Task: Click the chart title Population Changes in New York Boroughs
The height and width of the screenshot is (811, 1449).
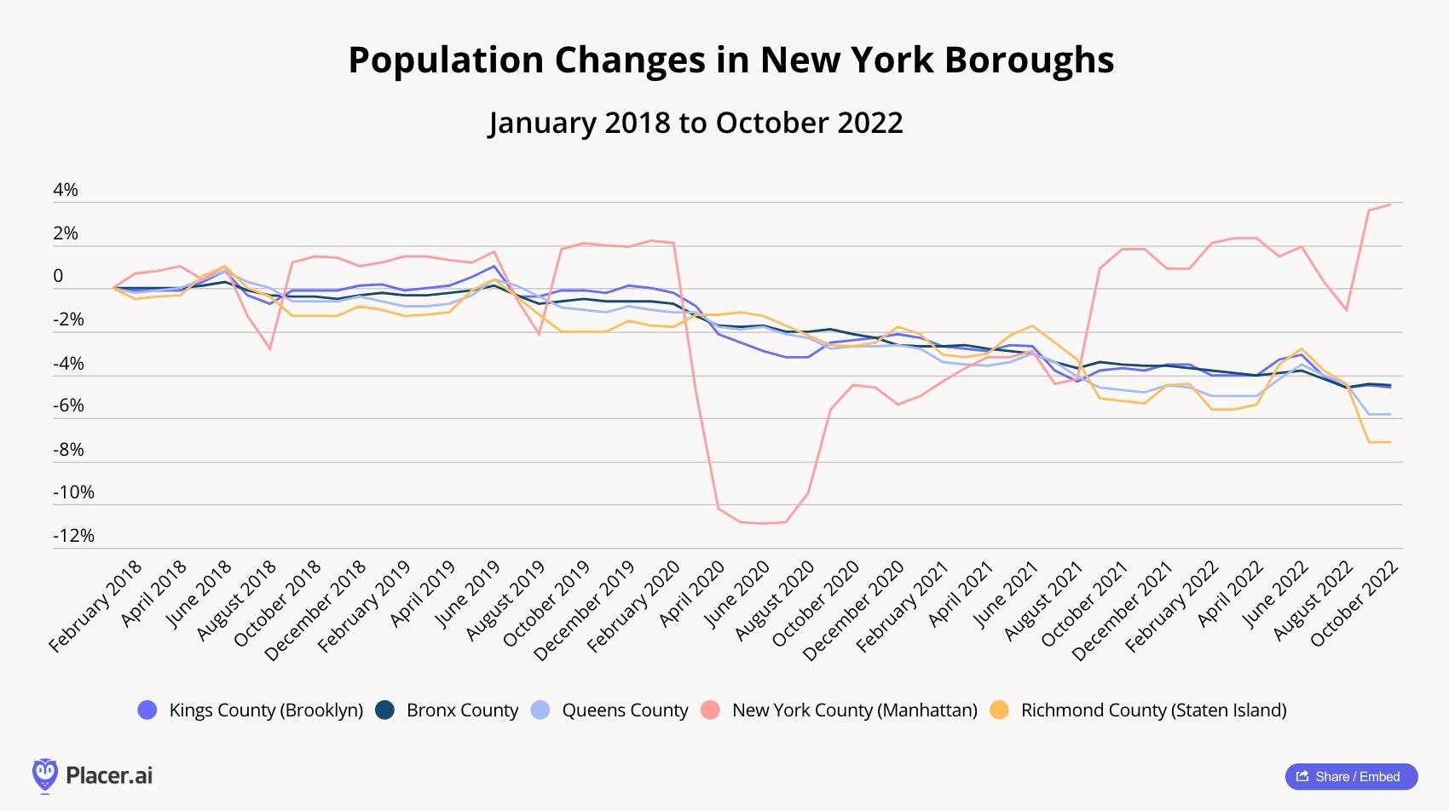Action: click(730, 60)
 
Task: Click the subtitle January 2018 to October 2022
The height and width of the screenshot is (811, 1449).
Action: click(696, 123)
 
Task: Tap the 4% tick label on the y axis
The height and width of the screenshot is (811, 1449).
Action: click(66, 190)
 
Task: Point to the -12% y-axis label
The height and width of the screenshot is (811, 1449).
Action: click(73, 536)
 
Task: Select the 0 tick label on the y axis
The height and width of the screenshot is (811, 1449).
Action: click(58, 276)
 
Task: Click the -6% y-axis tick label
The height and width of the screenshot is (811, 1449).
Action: click(68, 405)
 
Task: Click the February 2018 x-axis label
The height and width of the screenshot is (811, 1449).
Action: click(95, 607)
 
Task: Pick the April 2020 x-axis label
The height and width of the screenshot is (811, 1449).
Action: click(691, 594)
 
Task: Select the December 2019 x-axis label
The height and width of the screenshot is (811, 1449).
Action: click(585, 610)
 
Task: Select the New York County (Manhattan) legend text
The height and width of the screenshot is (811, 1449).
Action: click(854, 710)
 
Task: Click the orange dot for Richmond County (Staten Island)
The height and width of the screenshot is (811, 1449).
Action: click(999, 710)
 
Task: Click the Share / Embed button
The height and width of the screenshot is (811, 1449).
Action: click(1351, 776)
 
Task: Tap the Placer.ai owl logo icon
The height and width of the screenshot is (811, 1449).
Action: click(44, 775)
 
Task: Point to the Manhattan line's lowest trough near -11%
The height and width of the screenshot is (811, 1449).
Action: click(763, 523)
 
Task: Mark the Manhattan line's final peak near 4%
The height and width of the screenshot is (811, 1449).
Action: click(1390, 204)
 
